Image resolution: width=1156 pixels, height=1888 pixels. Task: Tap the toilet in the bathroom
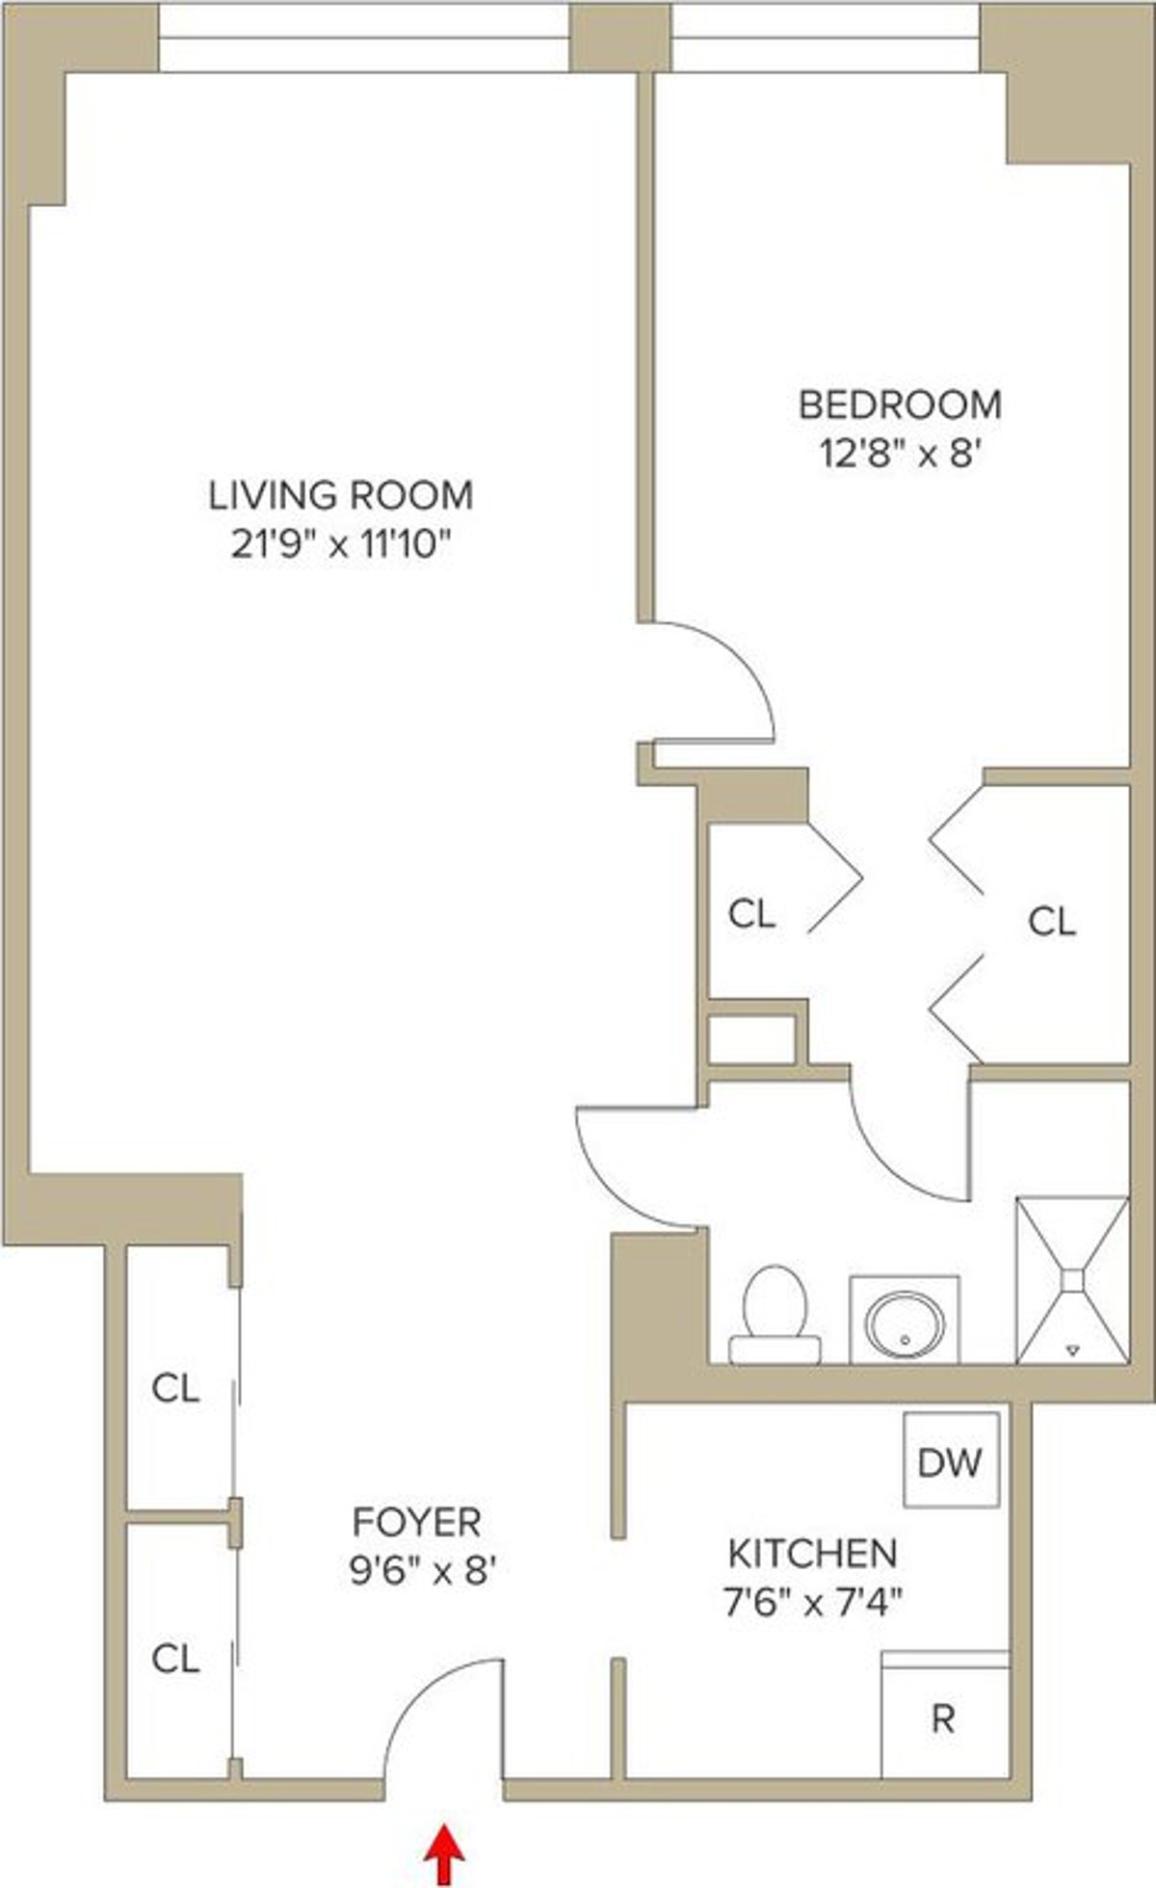(775, 1315)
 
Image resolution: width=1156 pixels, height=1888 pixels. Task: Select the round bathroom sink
(905, 1319)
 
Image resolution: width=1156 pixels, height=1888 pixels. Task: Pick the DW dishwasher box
(950, 1460)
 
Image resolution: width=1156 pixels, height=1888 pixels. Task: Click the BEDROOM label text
(900, 405)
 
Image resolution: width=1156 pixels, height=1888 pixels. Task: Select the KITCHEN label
(812, 1554)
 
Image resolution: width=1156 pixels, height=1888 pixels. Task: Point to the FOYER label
(416, 1522)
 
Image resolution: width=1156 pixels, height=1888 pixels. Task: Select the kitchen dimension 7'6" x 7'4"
(812, 1603)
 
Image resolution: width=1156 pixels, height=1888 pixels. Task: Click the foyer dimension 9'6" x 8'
(422, 1571)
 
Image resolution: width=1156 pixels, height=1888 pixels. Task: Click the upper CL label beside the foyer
(175, 1388)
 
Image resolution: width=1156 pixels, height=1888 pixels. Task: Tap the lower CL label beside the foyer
(175, 1658)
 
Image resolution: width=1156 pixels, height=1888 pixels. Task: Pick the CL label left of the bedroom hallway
(751, 913)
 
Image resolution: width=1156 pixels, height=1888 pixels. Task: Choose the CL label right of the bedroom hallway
(1051, 922)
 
